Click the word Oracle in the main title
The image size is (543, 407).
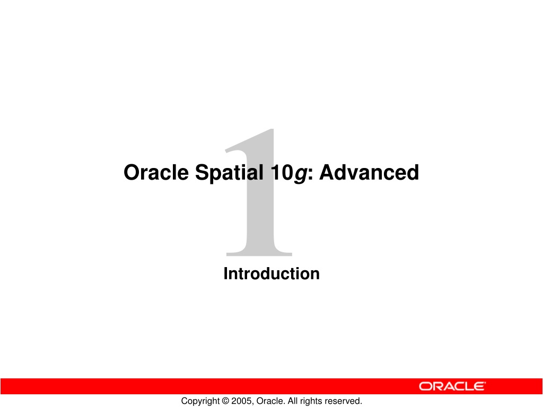(156, 172)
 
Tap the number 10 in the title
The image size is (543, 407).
(282, 173)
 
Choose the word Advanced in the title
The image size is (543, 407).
(369, 172)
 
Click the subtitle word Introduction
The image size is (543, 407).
(271, 273)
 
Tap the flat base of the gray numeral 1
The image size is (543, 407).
(259, 254)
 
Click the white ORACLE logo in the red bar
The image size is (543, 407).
(452, 386)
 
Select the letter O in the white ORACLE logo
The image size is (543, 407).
(425, 386)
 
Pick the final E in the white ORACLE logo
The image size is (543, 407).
(479, 386)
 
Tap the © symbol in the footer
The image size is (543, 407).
(225, 401)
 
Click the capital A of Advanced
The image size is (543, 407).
(327, 172)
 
